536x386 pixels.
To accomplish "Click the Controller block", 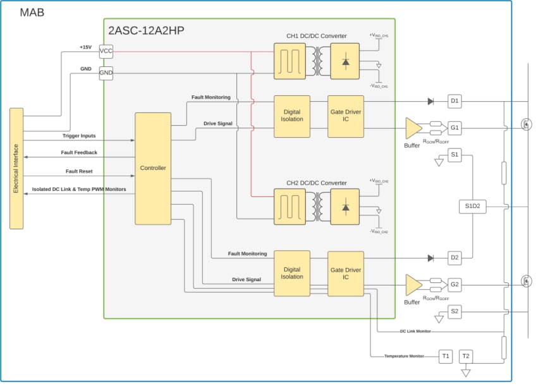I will tap(153, 168).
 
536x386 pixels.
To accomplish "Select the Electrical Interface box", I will tap(16, 169).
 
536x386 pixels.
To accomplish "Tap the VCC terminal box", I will tap(106, 51).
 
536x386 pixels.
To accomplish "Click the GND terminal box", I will tap(106, 73).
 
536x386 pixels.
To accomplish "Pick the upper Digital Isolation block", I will tap(291, 116).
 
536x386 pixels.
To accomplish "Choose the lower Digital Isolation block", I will tap(291, 273).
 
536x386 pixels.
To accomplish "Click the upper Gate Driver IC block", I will tap(346, 116).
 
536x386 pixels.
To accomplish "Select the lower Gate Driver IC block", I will tap(346, 273).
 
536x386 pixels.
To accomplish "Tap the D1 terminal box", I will tap(455, 101).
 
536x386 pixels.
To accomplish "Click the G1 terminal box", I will tap(455, 128).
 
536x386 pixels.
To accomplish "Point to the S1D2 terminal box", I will tap(473, 206).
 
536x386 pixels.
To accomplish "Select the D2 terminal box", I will tap(455, 258).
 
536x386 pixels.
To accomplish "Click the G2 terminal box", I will tap(455, 284).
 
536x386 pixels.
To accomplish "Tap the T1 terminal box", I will tap(446, 356).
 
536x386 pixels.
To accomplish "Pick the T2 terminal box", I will tap(466, 356).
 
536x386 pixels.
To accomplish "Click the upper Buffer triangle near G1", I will tap(412, 128).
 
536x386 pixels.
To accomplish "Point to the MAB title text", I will tap(32, 12).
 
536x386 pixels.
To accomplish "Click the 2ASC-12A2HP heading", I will tap(146, 30).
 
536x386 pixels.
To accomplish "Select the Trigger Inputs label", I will tap(79, 136).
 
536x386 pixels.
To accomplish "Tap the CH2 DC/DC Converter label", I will tap(317, 183).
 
